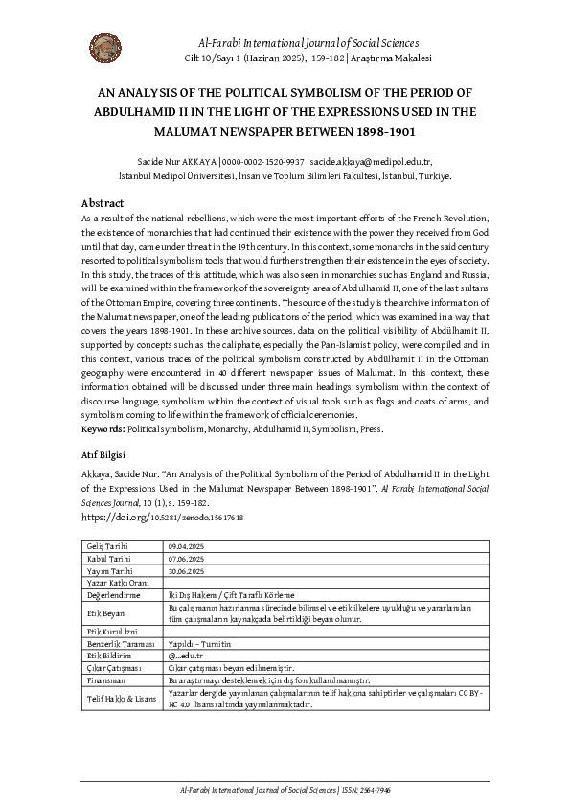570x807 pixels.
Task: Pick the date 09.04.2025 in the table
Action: point(186,546)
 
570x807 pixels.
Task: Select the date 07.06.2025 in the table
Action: point(186,559)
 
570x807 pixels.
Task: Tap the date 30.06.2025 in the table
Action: point(186,570)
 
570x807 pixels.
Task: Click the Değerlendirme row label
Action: point(112,594)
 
